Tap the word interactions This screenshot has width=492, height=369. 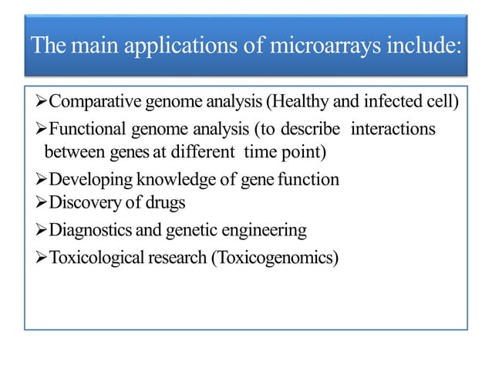[x=393, y=128]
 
